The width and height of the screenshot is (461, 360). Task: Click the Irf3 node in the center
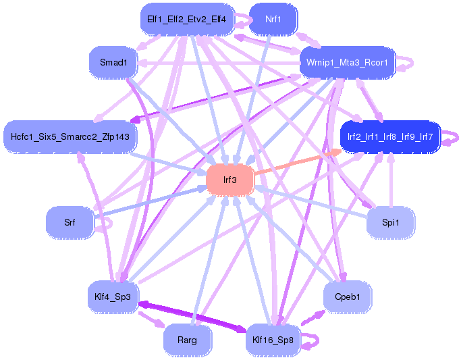(230, 180)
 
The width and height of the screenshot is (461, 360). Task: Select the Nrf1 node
(273, 20)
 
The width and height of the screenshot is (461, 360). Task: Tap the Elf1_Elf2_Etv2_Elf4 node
(186, 20)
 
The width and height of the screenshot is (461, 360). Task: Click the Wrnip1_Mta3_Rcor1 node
(347, 63)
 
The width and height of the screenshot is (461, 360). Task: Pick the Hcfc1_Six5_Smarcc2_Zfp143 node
(70, 137)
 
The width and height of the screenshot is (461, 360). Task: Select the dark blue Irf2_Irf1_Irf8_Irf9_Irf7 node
(390, 137)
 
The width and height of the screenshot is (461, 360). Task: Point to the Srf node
(70, 222)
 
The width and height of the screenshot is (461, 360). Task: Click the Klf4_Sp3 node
(113, 296)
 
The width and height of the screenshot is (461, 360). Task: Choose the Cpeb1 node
(347, 296)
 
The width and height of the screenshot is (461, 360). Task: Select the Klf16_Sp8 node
(273, 340)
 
